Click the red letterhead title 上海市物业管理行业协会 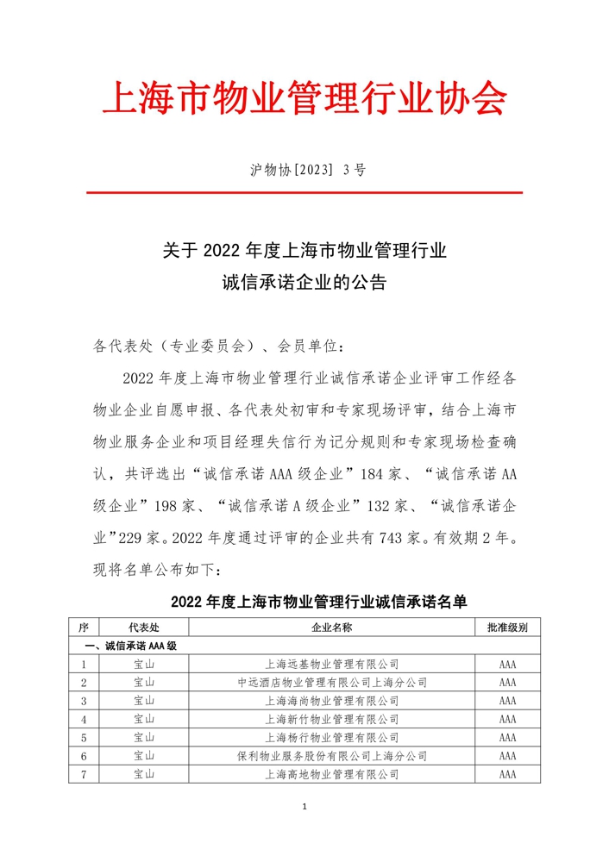point(304,100)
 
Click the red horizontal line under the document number point(304,193)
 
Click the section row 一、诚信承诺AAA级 point(129,646)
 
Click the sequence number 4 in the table point(84,719)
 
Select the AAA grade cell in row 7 point(507,775)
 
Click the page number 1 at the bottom point(305,808)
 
